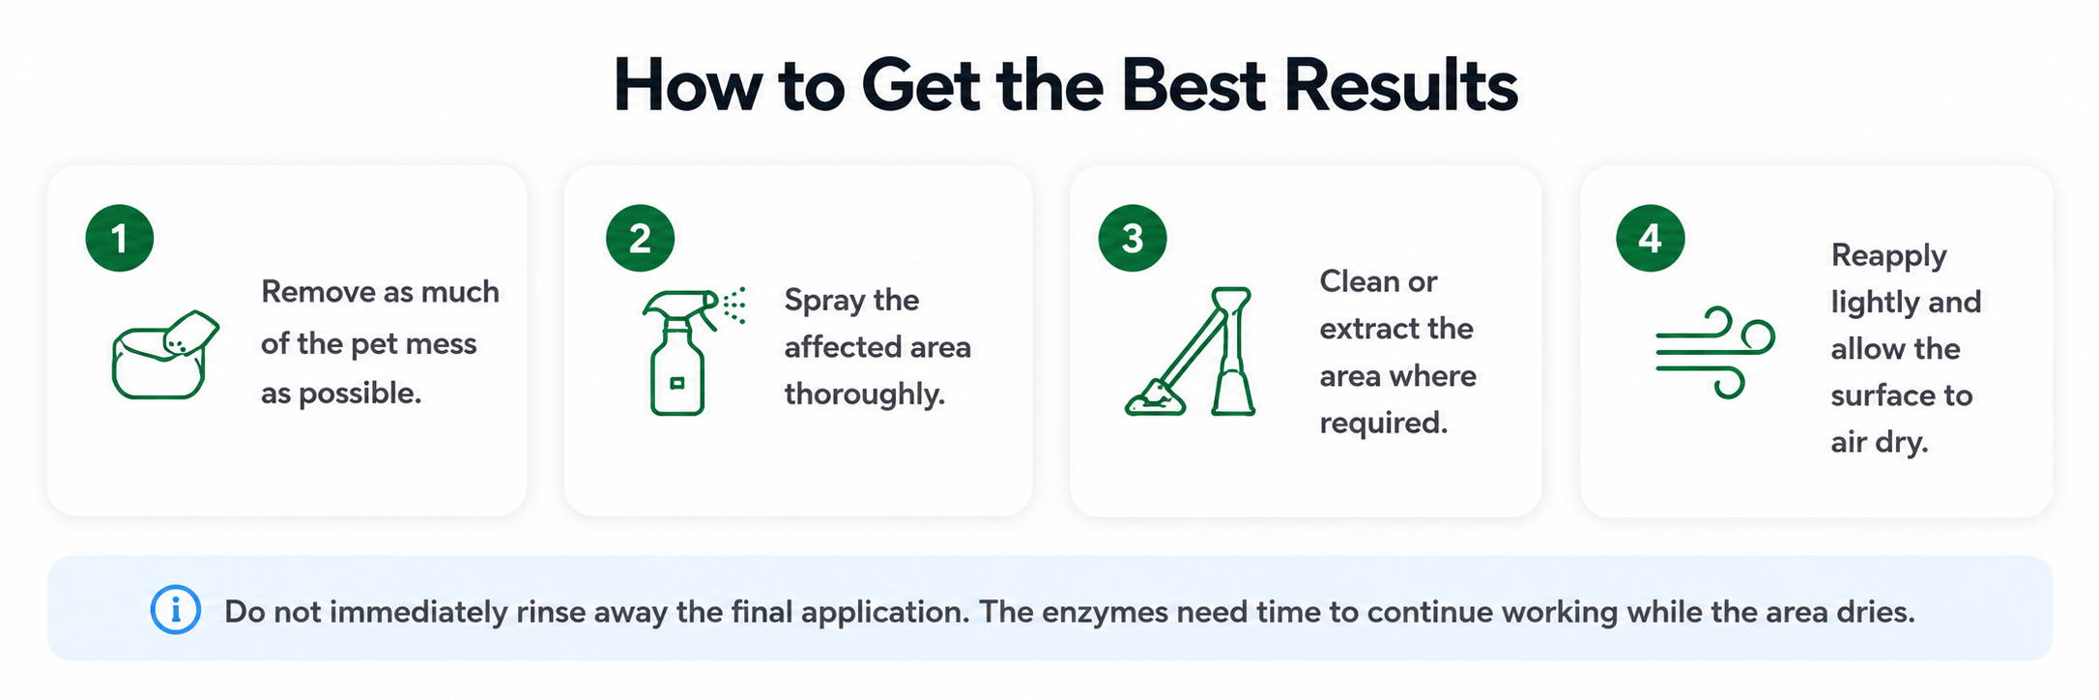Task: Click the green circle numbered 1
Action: [x=120, y=238]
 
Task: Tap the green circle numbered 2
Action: [x=640, y=238]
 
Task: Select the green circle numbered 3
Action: [x=1133, y=238]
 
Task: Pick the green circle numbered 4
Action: [x=1651, y=238]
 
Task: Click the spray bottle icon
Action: [x=678, y=353]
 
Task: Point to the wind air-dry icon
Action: [x=1715, y=352]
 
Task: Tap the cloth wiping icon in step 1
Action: [x=165, y=355]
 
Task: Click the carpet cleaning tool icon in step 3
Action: [x=1192, y=352]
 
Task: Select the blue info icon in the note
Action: [x=176, y=610]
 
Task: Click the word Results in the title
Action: [x=1401, y=85]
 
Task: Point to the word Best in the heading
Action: [x=1193, y=85]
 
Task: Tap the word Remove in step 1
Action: [x=313, y=291]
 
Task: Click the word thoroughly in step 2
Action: [x=865, y=394]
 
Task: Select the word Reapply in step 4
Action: [x=1889, y=256]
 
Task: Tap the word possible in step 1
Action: [x=360, y=394]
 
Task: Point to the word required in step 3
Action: [x=1384, y=423]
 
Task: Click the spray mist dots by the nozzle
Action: [x=735, y=304]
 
